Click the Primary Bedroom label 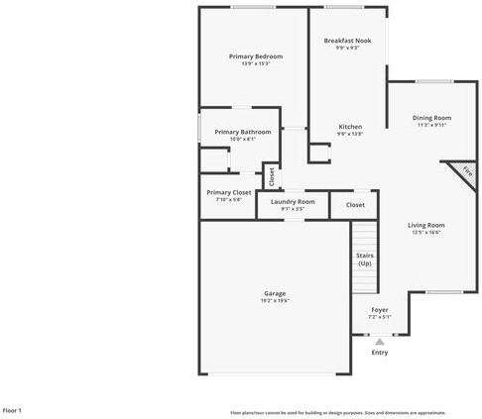tap(256, 56)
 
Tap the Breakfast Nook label tap(347, 41)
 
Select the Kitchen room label tap(350, 127)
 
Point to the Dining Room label tap(431, 118)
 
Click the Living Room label tap(425, 225)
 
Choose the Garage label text tap(275, 293)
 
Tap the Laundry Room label tap(293, 201)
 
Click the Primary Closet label tap(229, 192)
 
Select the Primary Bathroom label tap(243, 132)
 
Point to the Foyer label tap(380, 310)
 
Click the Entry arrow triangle tap(379, 342)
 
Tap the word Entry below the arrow tap(380, 353)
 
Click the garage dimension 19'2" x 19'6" tap(275, 300)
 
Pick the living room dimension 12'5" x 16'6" tap(425, 233)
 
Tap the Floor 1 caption tap(12, 410)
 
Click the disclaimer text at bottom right tap(338, 412)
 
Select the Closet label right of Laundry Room tap(355, 205)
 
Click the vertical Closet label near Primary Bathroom tap(271, 175)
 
